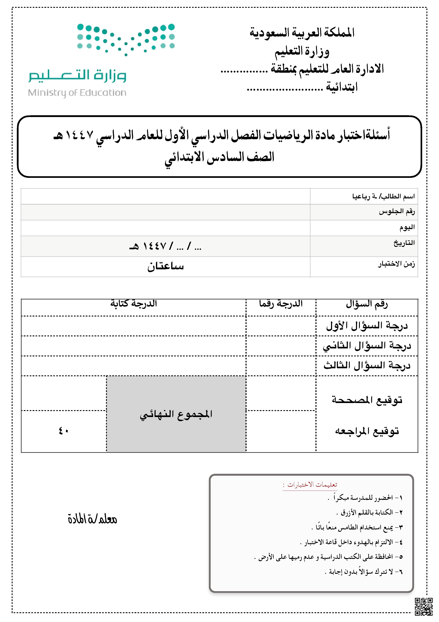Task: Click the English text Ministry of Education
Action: [77, 93]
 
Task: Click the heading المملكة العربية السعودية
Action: [302, 32]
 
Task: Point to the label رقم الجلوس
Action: [397, 211]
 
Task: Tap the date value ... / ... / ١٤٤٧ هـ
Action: [165, 246]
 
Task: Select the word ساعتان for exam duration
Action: [165, 266]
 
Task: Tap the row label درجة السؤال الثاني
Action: [367, 346]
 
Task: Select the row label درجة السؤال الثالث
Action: [367, 366]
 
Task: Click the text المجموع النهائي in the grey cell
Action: [176, 415]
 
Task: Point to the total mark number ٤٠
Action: [64, 431]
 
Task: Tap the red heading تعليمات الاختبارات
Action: [312, 485]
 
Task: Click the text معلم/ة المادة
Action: [93, 519]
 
